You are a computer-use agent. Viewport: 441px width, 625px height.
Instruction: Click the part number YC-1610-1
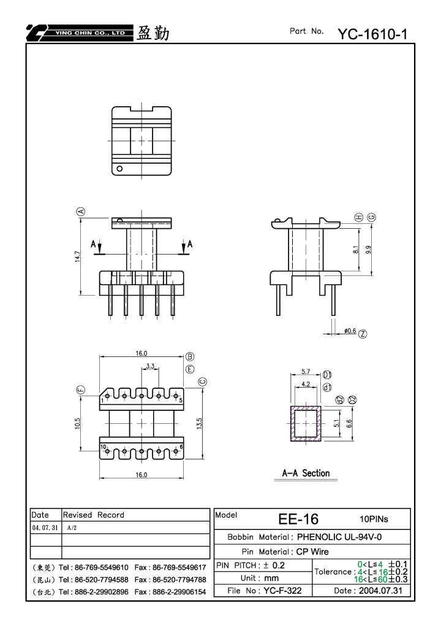372,34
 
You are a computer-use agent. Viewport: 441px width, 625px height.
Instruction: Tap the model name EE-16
298,519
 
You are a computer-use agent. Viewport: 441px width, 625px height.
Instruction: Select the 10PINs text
374,519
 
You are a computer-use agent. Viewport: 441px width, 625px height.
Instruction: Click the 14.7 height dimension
78,256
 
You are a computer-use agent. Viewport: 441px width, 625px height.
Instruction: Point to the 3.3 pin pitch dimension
150,366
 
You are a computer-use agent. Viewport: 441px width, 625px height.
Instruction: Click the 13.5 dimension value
200,423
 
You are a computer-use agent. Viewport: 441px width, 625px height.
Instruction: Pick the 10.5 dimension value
78,423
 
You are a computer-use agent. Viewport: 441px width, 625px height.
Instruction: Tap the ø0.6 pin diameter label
350,331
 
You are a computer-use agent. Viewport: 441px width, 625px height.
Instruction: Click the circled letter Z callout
363,334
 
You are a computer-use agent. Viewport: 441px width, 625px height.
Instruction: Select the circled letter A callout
81,211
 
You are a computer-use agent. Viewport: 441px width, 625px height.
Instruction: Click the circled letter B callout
190,356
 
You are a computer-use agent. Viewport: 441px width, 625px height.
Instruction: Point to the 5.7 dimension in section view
305,372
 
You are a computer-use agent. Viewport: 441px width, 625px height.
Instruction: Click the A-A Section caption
306,473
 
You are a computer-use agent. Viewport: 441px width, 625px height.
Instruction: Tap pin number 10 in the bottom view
103,447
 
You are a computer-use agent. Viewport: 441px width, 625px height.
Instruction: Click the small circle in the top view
119,169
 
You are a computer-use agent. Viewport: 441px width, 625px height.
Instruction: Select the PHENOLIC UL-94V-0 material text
339,537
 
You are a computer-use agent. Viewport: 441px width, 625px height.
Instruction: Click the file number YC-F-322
282,591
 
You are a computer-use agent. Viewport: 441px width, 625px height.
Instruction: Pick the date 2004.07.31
380,591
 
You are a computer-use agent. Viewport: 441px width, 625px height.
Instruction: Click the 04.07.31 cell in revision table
45,527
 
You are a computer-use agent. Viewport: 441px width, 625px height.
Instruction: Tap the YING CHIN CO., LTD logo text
90,33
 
